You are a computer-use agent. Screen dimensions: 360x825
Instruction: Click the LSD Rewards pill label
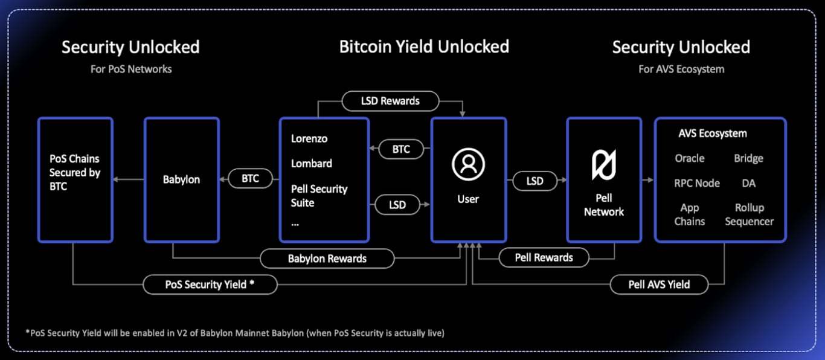390,101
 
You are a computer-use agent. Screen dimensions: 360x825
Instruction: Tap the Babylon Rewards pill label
327,259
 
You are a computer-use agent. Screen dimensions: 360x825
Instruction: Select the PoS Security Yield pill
210,284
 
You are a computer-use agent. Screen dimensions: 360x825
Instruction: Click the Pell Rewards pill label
544,257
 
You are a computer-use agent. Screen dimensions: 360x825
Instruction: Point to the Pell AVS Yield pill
659,284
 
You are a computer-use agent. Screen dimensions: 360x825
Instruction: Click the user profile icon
468,164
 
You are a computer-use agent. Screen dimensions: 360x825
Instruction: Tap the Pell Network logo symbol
603,164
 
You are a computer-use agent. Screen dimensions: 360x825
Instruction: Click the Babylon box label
181,179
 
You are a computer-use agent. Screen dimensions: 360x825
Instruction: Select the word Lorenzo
309,138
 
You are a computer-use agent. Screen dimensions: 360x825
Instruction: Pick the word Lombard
312,163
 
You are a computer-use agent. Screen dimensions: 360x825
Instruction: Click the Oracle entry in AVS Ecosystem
690,158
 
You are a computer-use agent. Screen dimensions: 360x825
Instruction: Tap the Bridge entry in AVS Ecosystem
749,158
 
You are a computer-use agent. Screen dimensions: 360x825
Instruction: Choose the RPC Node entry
697,183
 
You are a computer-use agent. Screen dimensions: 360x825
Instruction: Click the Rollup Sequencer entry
749,214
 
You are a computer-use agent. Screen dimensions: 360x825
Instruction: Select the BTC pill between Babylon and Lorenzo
250,178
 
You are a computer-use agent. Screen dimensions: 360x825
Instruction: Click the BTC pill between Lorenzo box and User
401,149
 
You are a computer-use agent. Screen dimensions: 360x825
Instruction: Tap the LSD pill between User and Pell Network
534,180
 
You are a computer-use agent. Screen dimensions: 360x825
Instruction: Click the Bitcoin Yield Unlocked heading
424,47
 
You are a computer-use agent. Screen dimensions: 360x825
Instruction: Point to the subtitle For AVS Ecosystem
681,69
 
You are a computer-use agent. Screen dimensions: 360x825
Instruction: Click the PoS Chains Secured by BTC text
75,173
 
